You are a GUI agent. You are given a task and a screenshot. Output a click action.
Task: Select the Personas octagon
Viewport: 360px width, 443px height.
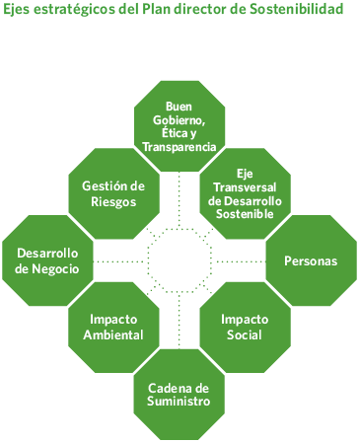point(311,260)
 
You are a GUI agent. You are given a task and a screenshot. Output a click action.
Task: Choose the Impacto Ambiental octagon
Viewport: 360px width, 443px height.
point(113,327)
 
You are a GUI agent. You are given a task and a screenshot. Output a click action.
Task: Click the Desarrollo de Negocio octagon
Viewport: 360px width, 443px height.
point(47,260)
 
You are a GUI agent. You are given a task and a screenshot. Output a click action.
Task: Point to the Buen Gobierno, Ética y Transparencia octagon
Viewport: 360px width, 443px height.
point(179,126)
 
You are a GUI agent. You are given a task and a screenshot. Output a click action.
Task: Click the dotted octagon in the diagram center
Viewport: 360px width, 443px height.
point(179,260)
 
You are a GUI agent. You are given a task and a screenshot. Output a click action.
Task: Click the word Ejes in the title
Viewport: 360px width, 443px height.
point(19,10)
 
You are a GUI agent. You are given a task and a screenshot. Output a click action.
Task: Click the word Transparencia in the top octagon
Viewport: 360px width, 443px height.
point(179,146)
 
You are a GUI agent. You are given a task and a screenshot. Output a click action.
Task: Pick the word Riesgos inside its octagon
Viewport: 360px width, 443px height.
point(110,201)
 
